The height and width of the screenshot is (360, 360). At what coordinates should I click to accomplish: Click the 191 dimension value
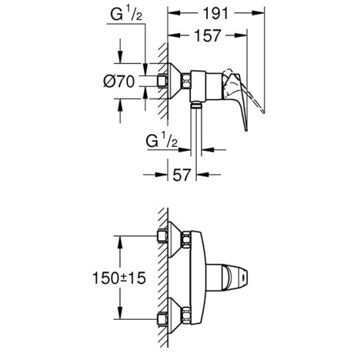[x=216, y=12]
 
